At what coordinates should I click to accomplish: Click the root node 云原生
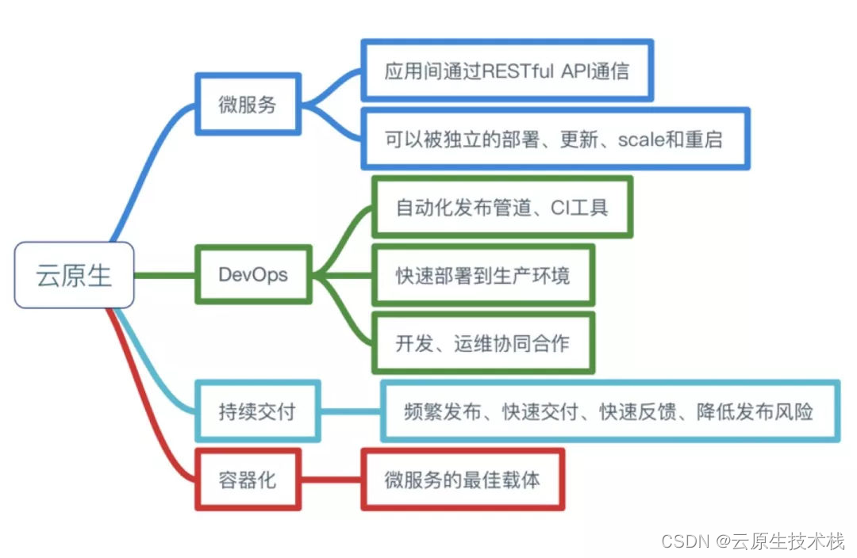[x=75, y=276]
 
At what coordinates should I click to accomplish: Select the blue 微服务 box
[x=248, y=105]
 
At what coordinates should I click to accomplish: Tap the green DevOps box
[x=253, y=275]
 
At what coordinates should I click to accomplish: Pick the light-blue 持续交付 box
[x=257, y=411]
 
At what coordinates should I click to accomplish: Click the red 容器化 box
[x=248, y=480]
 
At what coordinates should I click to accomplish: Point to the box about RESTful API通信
[x=507, y=71]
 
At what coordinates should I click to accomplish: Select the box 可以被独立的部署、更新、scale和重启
[x=555, y=139]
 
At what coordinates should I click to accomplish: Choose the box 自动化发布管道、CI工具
[x=502, y=208]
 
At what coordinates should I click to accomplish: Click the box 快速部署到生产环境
[x=482, y=275]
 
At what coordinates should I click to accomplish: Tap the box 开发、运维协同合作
[x=482, y=343]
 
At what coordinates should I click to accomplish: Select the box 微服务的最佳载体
[x=463, y=480]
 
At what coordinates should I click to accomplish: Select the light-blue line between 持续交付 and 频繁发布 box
[x=350, y=411]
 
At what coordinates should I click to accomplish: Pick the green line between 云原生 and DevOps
[x=164, y=276]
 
